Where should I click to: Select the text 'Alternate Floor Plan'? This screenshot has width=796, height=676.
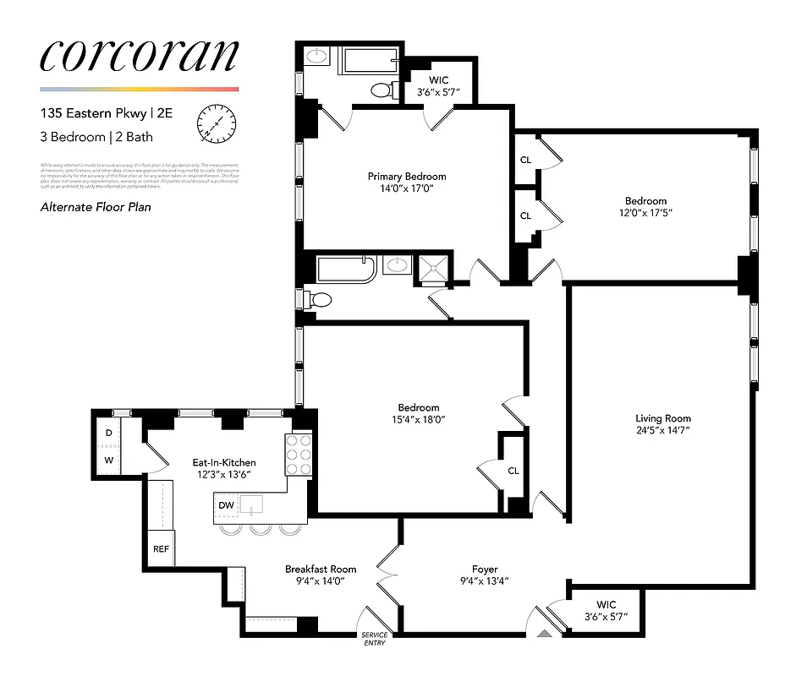(96, 206)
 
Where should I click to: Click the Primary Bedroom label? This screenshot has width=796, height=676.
(406, 177)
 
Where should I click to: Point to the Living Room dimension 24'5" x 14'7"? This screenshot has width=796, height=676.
(663, 432)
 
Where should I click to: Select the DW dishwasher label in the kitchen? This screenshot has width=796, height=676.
(226, 504)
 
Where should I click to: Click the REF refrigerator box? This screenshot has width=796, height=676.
(161, 548)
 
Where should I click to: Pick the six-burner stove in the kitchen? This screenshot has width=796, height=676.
(299, 457)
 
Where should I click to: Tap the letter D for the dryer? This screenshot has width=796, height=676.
(108, 433)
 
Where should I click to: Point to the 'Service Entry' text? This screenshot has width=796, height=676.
(374, 639)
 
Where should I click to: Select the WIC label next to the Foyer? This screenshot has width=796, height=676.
(606, 604)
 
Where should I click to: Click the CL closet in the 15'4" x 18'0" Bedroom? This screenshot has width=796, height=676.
(513, 471)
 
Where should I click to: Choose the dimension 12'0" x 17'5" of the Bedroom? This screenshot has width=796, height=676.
(645, 213)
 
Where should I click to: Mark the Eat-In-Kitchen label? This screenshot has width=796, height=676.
(223, 463)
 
